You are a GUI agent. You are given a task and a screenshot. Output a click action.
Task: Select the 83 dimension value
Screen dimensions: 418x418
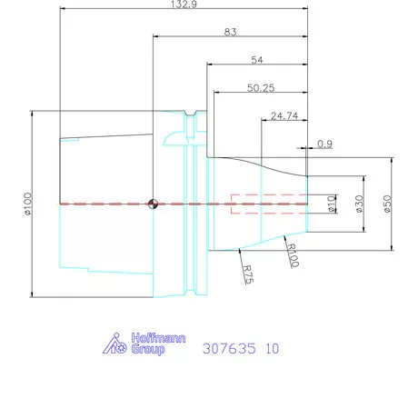coord(230,33)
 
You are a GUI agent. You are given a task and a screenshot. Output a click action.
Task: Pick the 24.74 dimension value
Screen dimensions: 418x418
coord(284,116)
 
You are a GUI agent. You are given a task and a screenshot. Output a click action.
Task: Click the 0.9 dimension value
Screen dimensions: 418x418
coord(325,144)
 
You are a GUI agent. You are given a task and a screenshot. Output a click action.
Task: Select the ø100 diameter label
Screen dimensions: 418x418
coord(28,204)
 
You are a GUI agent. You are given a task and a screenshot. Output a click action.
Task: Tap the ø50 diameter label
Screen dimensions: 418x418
coord(387,204)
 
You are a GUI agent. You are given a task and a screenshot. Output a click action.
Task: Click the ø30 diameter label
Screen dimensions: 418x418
coord(360,204)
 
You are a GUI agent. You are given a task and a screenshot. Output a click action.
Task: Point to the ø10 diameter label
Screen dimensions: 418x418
coord(332,204)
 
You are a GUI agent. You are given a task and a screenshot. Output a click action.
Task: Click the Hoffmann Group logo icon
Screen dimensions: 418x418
coord(114,343)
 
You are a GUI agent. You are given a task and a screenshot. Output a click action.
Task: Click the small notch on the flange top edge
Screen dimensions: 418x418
coord(192,114)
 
